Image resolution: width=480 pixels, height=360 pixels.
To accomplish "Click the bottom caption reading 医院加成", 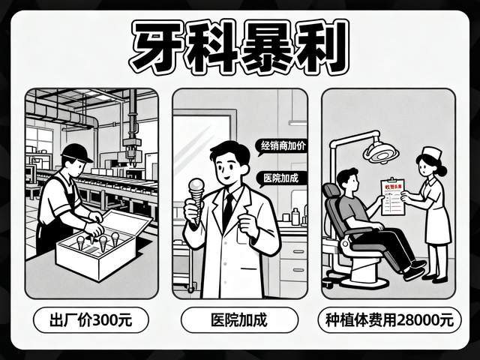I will tap(240, 321).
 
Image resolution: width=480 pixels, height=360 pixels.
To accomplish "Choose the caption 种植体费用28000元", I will tap(390, 321).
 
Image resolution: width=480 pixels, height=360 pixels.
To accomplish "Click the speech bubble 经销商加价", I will tap(281, 146).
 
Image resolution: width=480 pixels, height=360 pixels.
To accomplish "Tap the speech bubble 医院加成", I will tap(275, 178).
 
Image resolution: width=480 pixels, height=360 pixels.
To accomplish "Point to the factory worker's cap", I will tap(76, 152).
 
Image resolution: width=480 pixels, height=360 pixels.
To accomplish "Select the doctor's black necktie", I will tap(228, 211).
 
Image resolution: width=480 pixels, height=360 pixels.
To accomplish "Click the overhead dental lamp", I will tap(380, 151).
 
